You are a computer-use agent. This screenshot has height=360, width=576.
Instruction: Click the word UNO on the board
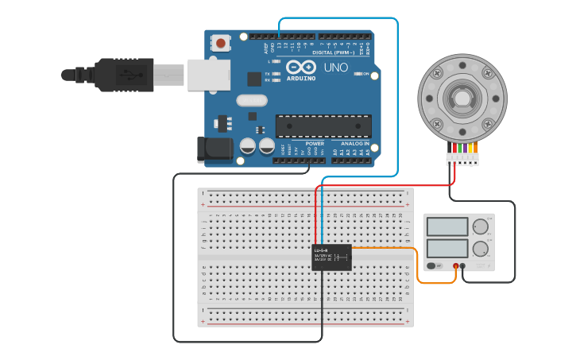point(335,68)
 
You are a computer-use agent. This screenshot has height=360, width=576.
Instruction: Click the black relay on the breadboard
point(331,257)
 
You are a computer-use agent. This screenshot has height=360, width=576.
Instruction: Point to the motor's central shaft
point(462,99)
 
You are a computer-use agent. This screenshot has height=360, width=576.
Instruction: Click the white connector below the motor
point(462,158)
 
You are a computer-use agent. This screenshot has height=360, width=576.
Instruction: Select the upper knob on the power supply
point(480,226)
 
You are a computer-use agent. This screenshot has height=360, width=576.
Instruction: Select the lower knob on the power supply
point(480,249)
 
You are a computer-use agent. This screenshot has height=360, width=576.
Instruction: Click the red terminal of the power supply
point(456,266)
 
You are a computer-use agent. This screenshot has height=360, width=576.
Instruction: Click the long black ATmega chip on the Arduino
point(323,126)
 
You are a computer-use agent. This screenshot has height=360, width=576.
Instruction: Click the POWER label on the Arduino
point(303,144)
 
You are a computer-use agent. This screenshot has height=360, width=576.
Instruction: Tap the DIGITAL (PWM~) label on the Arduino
point(337,52)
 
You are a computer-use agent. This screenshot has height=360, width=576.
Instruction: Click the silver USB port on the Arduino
point(209,75)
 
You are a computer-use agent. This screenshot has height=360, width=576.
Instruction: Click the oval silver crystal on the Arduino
point(252,100)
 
